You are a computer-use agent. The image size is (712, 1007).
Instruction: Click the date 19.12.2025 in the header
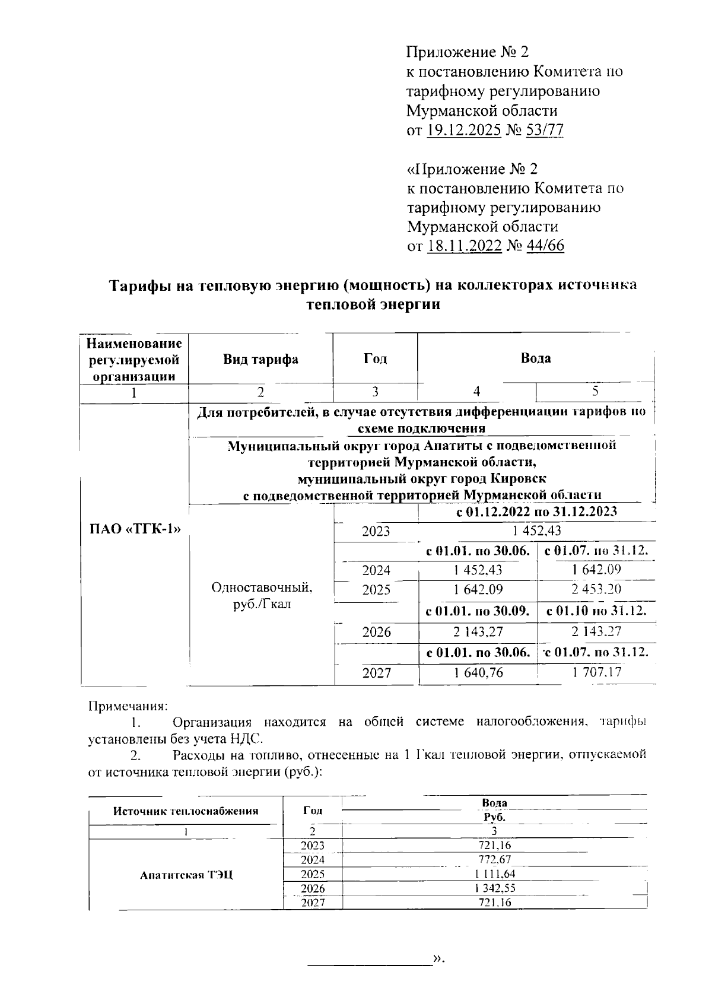click(x=463, y=130)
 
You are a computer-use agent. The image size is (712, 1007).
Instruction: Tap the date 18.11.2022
click(x=464, y=246)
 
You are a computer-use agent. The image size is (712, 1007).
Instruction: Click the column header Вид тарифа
click(x=260, y=359)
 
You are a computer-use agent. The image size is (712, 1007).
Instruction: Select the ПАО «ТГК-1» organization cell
click(x=134, y=529)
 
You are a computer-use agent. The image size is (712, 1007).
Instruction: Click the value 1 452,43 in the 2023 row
click(x=536, y=530)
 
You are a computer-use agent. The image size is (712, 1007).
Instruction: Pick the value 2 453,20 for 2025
click(x=596, y=589)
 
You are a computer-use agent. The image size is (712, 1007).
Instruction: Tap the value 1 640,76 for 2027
click(x=478, y=672)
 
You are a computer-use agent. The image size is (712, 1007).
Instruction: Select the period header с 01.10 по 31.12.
click(x=596, y=611)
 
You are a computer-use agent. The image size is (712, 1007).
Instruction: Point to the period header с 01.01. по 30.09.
click(x=478, y=611)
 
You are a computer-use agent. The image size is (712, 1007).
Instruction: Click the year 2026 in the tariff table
click(x=376, y=632)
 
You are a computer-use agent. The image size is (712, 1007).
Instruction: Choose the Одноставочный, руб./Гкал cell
click(x=262, y=596)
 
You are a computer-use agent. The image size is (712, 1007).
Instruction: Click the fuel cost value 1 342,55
click(x=494, y=888)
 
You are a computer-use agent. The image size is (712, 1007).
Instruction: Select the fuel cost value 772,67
click(x=494, y=860)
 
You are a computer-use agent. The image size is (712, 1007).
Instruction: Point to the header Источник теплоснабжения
click(x=186, y=811)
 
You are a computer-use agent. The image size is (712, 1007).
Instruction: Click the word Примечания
click(x=128, y=706)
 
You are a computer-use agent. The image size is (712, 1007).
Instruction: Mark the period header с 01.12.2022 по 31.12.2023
click(x=536, y=512)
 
